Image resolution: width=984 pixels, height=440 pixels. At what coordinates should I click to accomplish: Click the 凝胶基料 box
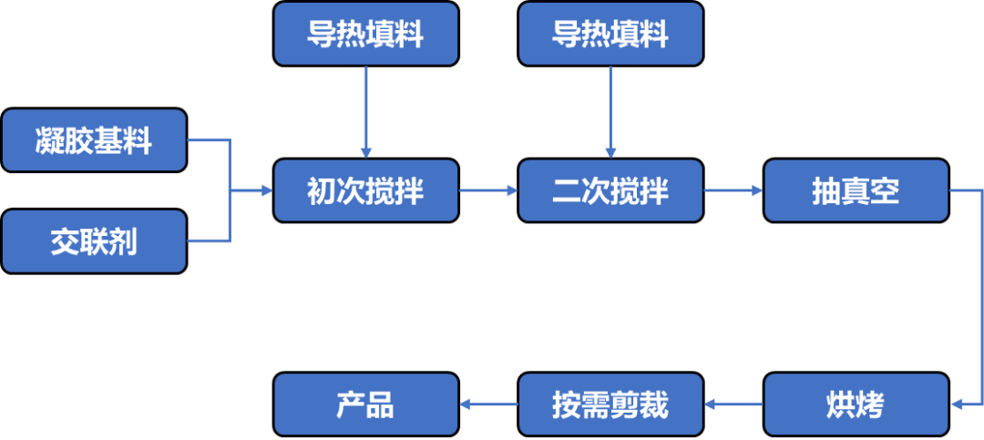point(94,140)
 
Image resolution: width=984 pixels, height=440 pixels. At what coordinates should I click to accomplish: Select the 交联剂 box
point(94,241)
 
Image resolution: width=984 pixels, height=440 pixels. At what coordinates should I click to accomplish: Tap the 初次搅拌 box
point(365,190)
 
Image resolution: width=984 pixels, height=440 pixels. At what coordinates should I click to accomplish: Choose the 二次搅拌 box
point(610,190)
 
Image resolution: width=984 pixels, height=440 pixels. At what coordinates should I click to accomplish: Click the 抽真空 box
point(856,190)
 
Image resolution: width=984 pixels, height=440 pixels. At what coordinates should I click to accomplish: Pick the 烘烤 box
point(856,404)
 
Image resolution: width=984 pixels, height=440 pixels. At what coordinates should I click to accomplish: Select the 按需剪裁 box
point(610,404)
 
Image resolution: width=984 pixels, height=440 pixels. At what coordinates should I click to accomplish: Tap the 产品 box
point(365,404)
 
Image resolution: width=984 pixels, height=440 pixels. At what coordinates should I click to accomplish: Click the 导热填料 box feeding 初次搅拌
point(365,34)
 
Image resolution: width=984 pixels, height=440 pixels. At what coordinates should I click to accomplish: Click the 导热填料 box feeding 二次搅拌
point(610,34)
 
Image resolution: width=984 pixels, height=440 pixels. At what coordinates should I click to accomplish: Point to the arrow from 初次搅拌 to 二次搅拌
point(488,190)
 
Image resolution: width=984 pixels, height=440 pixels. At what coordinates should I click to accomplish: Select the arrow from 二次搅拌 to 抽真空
point(733,190)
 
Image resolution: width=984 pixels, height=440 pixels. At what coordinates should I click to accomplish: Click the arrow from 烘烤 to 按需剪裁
point(733,404)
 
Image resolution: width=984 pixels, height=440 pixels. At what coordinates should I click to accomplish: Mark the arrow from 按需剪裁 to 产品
point(488,404)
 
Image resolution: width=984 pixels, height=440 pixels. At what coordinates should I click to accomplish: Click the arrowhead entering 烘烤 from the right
point(957,404)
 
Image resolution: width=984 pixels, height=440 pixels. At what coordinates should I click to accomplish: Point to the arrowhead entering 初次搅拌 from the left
point(266,190)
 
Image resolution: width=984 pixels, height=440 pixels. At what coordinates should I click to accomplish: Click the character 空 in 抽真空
point(885,190)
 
